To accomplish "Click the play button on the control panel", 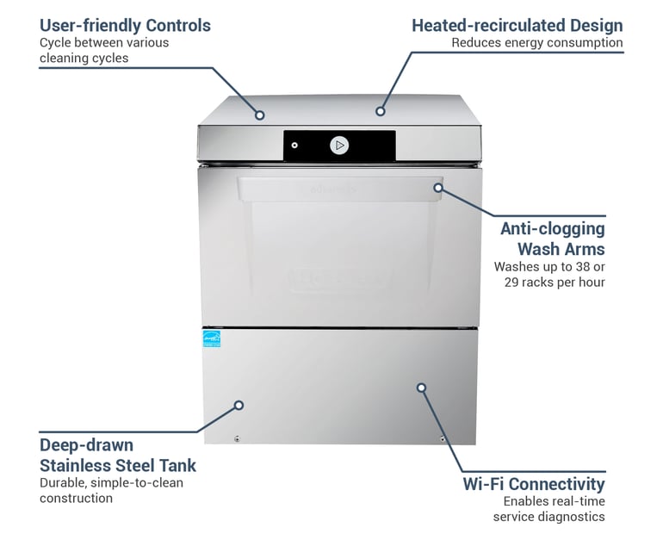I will coord(339,146).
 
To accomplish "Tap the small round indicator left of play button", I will coord(294,146).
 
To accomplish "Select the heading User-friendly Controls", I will coord(125,25).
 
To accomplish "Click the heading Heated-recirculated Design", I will coord(517,25).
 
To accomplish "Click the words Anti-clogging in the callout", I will coord(552,229).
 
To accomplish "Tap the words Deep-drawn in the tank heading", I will coord(86,445).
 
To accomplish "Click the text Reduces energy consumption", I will coord(536,43).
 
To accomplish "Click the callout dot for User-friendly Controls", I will coord(259,115).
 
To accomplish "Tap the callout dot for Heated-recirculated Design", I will coord(380,111).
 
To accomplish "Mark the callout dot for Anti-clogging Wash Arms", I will coord(438,187).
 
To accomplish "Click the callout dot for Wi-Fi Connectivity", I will coord(421,388).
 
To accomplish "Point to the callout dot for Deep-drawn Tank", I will coord(239,405).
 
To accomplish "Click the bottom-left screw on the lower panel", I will coord(237,439).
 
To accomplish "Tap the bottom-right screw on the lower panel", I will coord(443,439).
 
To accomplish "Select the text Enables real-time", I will coord(554,500).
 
